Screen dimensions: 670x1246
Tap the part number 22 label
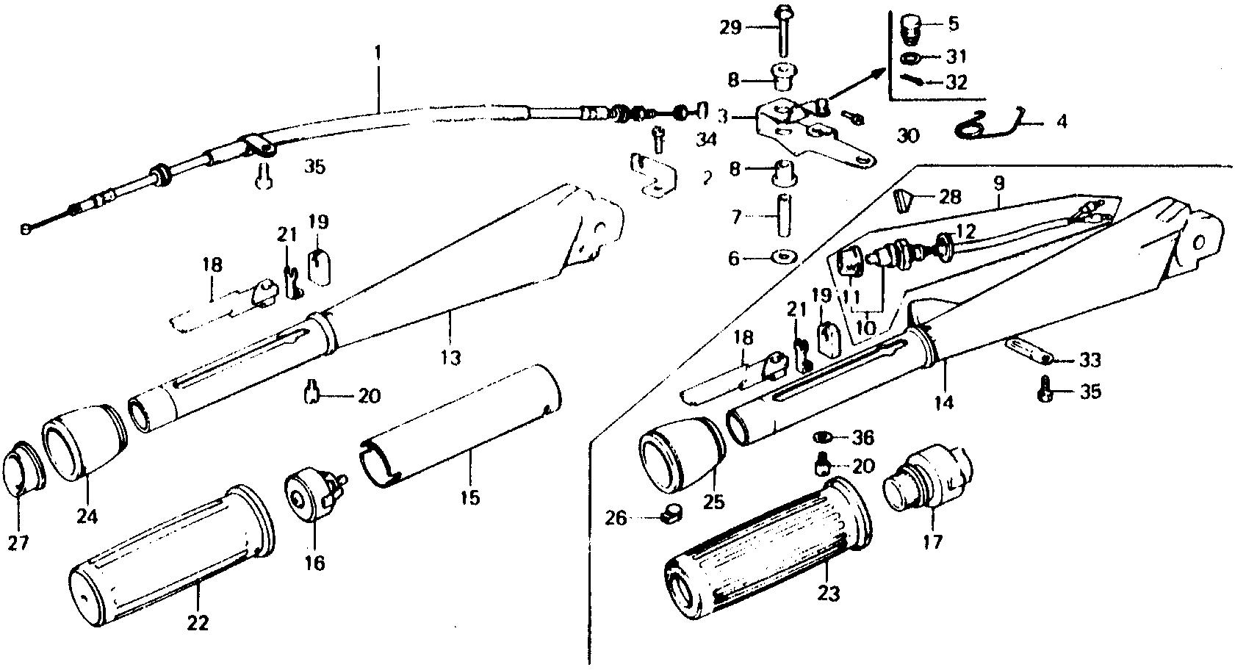tap(198, 623)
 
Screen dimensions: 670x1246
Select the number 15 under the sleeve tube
tap(470, 497)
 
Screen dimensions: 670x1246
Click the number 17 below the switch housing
tap(934, 541)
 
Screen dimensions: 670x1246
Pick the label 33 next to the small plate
tap(1090, 360)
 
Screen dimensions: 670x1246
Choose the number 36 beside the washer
tap(863, 439)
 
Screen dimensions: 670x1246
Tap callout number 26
tap(617, 519)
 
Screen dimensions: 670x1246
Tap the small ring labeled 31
tap(911, 58)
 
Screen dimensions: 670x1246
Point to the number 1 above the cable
tap(379, 54)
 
